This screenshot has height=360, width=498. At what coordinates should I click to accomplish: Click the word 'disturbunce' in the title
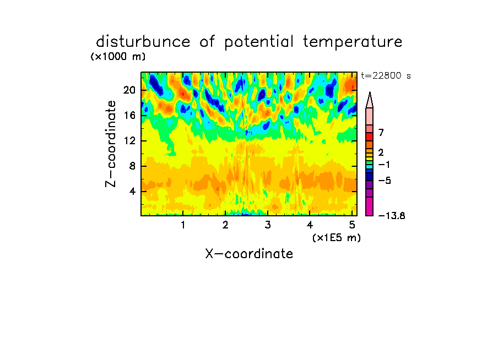[143, 42]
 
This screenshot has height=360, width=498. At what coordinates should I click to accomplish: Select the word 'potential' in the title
[259, 42]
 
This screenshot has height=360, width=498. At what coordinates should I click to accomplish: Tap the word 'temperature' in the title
[353, 42]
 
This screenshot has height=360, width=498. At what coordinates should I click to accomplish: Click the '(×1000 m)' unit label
[118, 57]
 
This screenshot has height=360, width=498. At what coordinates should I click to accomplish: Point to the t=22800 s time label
[386, 75]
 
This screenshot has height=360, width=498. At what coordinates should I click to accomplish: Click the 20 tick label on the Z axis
[129, 90]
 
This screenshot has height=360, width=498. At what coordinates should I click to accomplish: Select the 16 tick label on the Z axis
[129, 115]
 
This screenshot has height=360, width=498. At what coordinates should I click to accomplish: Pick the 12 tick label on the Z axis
[129, 140]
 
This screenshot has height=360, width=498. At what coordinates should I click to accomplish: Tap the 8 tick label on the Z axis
[132, 166]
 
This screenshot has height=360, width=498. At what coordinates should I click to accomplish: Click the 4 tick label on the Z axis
[132, 192]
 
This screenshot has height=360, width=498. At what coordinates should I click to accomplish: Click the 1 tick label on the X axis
[183, 225]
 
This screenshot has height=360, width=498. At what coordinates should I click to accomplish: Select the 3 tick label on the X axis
[268, 225]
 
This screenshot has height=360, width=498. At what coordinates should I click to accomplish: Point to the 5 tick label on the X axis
[352, 225]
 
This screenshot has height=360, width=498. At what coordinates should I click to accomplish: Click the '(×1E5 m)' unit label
[337, 238]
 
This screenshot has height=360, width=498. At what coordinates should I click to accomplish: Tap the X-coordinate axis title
[249, 254]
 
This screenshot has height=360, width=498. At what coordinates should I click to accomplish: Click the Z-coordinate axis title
[111, 144]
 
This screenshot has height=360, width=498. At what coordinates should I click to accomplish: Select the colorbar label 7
[381, 133]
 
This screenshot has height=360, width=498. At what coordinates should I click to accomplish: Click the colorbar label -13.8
[392, 216]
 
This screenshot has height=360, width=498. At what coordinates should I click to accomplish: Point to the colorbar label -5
[385, 181]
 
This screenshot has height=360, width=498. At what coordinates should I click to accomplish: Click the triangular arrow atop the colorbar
[370, 100]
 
